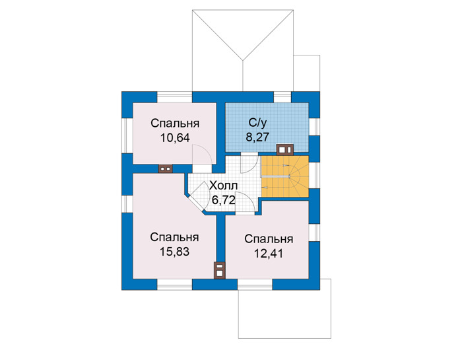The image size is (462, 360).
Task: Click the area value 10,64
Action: point(175,137)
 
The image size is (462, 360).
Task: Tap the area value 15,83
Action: point(174,252)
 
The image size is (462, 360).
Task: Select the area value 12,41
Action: point(269,253)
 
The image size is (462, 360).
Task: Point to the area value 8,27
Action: point(258,137)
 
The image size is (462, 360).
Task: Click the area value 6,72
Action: point(224,200)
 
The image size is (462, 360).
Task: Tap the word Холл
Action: point(223,186)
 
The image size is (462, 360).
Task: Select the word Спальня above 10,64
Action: point(175,124)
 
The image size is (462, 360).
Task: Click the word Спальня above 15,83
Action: point(174,237)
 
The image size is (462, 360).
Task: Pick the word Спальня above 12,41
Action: point(269,239)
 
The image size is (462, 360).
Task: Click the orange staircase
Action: point(285,176)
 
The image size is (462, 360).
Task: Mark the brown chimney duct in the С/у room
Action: point(285,149)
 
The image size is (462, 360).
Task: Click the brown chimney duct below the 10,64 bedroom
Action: point(165,168)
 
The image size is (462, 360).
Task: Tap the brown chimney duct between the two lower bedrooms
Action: point(220,270)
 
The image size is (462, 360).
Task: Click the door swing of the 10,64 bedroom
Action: point(202,154)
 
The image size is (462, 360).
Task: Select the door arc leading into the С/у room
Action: point(249,164)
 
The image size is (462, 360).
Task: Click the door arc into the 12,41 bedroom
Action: point(245,202)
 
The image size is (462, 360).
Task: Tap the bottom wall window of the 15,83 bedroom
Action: point(174,285)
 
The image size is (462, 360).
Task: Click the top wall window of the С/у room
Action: point(282,97)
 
